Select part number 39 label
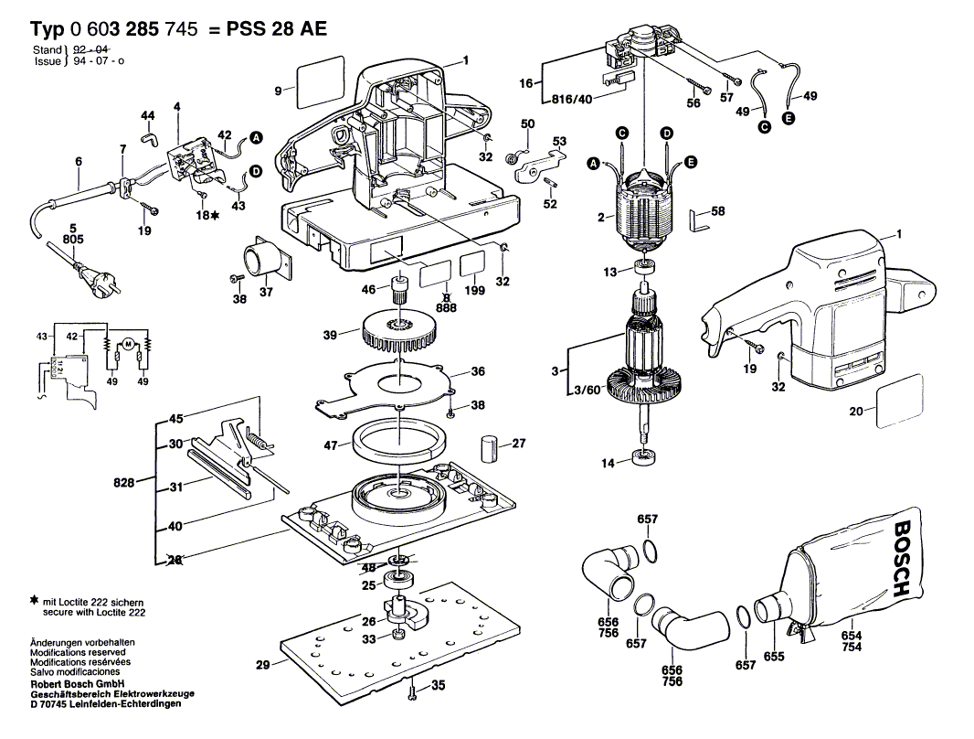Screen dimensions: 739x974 pyautogui.click(x=330, y=336)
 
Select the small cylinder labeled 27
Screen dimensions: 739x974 pyautogui.click(x=491, y=449)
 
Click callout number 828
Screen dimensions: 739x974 pyautogui.click(x=124, y=481)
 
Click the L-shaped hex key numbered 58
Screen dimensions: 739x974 pyautogui.click(x=698, y=220)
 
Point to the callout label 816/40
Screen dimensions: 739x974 pyautogui.click(x=572, y=99)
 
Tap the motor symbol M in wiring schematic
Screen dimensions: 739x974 pyautogui.click(x=128, y=343)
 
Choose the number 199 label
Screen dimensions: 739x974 pyautogui.click(x=473, y=291)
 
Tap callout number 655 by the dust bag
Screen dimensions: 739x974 pyautogui.click(x=774, y=656)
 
